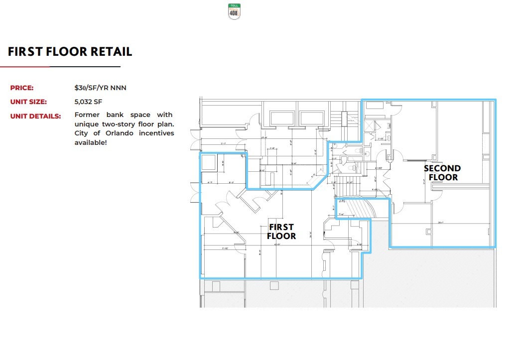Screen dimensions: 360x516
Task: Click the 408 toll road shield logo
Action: pos(234,11)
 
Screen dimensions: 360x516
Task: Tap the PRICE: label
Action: pos(22,88)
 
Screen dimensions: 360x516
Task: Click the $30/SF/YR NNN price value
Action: pos(100,88)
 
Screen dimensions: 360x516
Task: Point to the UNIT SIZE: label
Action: pos(28,102)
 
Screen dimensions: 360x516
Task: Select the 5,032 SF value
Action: pos(88,102)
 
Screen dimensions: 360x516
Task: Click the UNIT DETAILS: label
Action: pos(35,116)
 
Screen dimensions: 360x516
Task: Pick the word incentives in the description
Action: pos(156,133)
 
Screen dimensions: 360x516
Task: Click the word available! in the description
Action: pos(91,143)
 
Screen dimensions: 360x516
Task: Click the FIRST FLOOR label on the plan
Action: pos(281,232)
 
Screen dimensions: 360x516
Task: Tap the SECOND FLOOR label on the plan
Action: pos(442,173)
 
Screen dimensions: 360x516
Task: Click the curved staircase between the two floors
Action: pos(357,208)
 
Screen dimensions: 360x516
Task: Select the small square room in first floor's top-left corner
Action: pos(208,161)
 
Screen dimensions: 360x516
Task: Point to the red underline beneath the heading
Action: pos(25,66)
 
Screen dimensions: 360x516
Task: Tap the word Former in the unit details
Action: pos(87,115)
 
